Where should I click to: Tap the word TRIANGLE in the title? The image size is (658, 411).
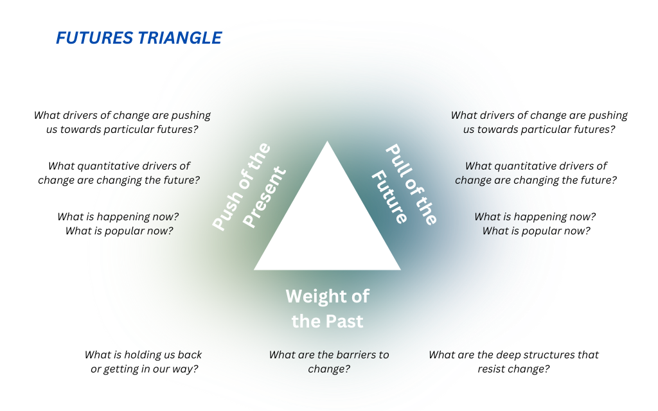coord(180,38)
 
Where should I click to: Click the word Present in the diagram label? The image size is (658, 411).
coord(264,197)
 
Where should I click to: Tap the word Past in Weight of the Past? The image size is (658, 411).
coord(344,321)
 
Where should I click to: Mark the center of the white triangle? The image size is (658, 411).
coord(327,227)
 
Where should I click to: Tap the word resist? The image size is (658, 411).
coord(490,369)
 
